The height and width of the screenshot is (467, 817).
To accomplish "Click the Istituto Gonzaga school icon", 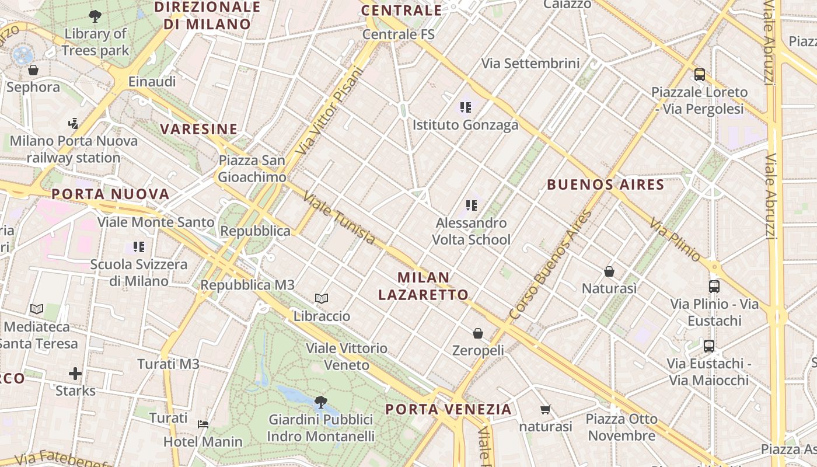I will point(465,107).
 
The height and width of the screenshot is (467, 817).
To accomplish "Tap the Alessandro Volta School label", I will point(472,231).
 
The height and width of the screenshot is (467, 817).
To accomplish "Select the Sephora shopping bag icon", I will point(33,70).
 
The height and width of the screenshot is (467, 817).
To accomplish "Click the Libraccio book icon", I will point(322,299).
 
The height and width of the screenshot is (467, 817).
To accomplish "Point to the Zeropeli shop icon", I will point(478,333).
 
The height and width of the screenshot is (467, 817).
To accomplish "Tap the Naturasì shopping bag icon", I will point(609,271).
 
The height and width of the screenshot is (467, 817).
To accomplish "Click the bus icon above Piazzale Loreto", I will point(699,75).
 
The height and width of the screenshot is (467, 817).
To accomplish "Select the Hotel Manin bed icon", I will point(203,424).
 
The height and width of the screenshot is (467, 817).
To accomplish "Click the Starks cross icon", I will point(75,373).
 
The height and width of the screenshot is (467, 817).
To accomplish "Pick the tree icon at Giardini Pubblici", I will point(320,402).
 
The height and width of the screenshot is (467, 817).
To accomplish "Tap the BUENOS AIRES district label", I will point(605,185).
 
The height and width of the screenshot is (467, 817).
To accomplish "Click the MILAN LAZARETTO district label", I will point(423,286).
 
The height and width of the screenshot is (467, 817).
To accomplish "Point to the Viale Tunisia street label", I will point(340,219).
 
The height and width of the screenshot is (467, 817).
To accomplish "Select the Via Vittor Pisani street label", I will point(330,111).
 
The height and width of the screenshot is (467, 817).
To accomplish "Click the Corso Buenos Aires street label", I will point(550,264).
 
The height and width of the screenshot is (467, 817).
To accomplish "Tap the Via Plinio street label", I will point(675,239).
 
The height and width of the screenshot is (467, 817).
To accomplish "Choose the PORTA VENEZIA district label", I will point(448,409).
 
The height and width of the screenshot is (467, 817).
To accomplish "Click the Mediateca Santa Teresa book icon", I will point(37,309).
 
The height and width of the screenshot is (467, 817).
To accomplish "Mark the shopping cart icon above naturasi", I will point(545,409).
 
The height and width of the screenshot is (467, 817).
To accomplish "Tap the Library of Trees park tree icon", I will point(95,16).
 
